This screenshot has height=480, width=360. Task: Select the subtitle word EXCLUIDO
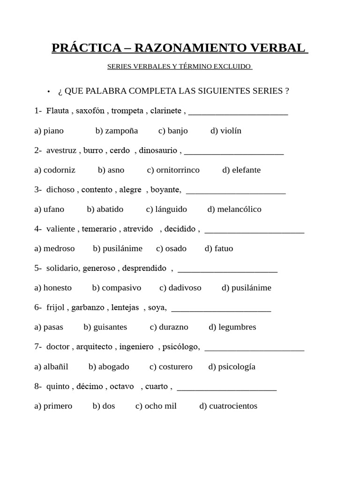(232, 67)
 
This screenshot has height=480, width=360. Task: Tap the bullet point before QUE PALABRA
(48, 91)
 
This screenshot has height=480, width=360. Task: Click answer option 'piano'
(53, 131)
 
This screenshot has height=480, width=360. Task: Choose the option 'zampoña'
(121, 131)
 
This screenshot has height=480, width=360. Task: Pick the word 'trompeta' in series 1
(127, 111)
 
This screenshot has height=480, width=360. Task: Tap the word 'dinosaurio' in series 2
(158, 150)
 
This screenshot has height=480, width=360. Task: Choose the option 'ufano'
(54, 210)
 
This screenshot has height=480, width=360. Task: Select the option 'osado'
(176, 249)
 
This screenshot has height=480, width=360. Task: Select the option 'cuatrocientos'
(233, 406)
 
